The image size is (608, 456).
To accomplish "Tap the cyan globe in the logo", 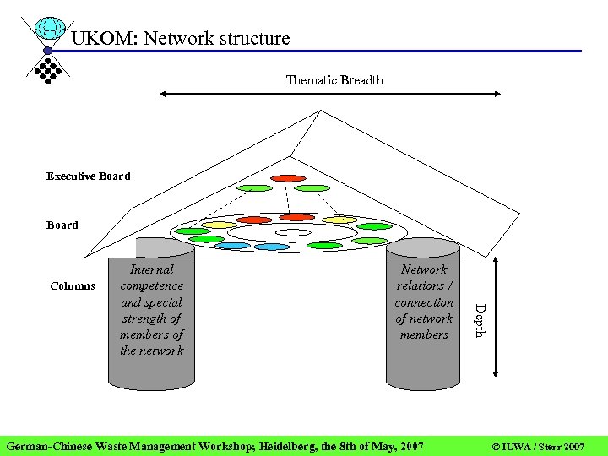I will click(52, 29).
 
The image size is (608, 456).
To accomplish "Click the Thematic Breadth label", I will click(334, 80).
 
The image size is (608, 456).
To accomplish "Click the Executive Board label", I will click(89, 176).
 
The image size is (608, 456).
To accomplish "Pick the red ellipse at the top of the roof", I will click(288, 178).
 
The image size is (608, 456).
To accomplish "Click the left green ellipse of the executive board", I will click(254, 187).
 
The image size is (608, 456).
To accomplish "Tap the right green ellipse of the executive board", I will click(312, 187).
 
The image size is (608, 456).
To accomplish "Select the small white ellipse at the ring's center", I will click(293, 233).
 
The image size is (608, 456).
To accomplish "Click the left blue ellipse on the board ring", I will click(232, 246).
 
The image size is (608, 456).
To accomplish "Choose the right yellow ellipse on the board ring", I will click(339, 220).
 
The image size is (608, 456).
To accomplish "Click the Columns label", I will click(73, 285).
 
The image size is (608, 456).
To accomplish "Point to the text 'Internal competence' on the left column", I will click(152, 278).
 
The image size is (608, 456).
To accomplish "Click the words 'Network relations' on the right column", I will click(424, 278).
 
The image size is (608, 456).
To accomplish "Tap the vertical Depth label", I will click(479, 320).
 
